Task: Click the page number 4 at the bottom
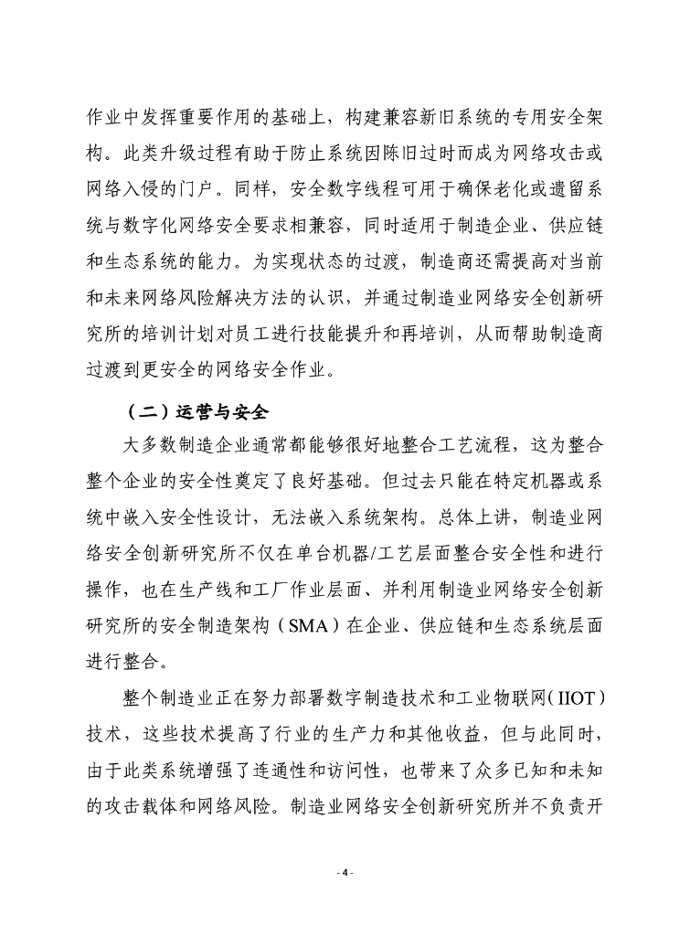[345, 874]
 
